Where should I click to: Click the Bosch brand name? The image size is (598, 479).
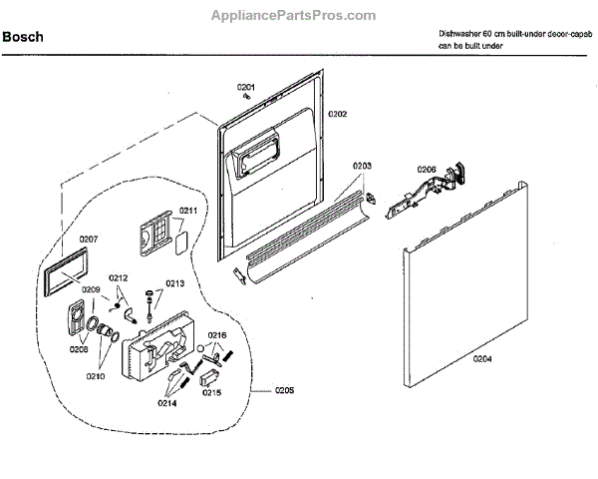tap(24, 38)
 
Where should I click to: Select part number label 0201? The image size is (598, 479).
tap(246, 88)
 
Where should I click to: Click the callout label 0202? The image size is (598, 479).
tap(336, 115)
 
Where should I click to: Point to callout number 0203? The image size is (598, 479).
tap(362, 166)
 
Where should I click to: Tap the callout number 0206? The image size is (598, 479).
tap(426, 170)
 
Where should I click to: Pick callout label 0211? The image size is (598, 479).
tap(187, 211)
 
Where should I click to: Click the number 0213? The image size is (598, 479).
tap(174, 283)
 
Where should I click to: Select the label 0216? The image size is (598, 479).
tap(217, 334)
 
